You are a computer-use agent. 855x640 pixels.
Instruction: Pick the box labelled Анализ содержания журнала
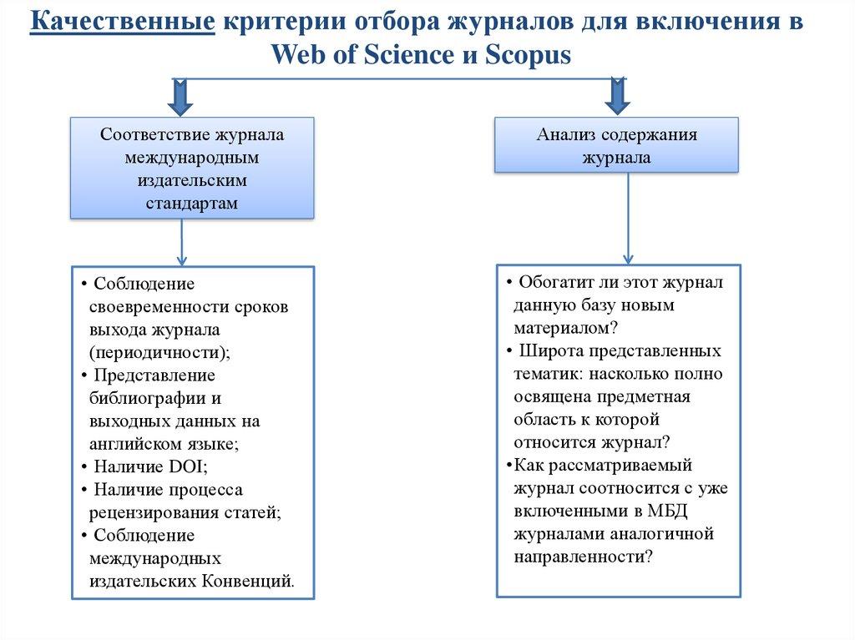[617, 145]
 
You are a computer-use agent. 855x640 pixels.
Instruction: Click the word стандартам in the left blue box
[191, 203]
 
